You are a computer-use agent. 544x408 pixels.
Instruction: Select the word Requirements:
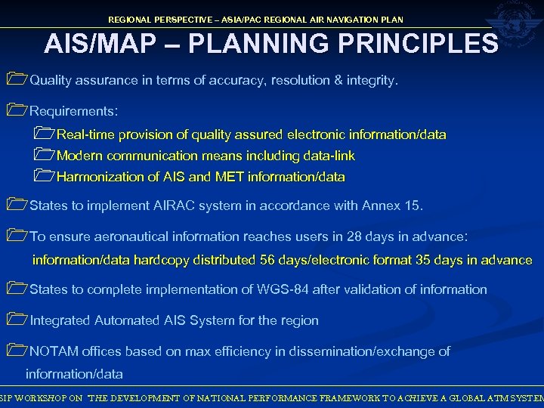73,111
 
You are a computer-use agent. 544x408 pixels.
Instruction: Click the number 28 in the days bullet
354,236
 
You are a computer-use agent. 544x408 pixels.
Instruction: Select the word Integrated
60,320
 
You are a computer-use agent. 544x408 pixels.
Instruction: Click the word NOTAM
54,351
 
